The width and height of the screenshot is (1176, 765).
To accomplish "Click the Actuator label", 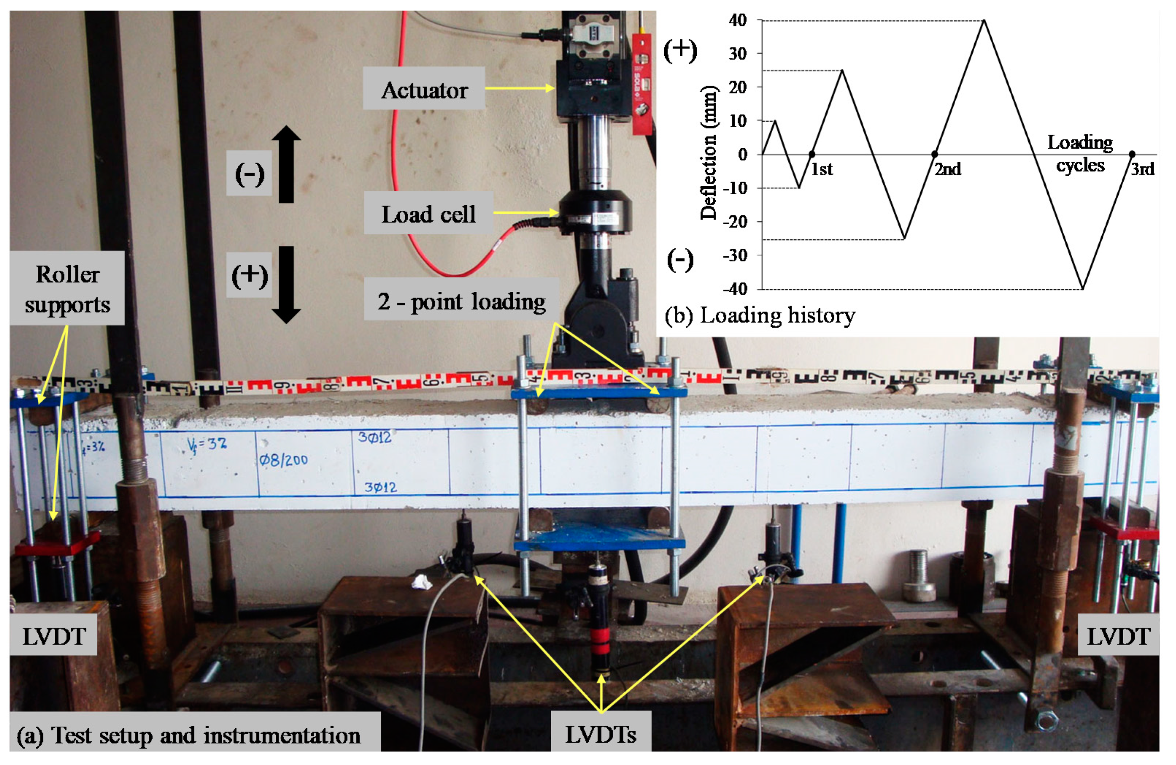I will click(x=424, y=89).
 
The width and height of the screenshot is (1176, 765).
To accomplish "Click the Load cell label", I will click(x=428, y=213).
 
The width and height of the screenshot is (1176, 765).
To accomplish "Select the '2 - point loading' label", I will click(x=461, y=300).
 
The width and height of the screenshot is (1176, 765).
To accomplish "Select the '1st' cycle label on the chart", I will click(x=822, y=169).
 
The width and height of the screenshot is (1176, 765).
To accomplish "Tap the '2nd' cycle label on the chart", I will click(x=947, y=169).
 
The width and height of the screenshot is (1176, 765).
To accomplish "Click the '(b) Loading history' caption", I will click(x=760, y=315).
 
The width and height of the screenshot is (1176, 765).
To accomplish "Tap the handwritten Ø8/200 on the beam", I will click(x=283, y=460).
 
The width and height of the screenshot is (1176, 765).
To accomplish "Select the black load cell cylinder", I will click(x=595, y=211).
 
